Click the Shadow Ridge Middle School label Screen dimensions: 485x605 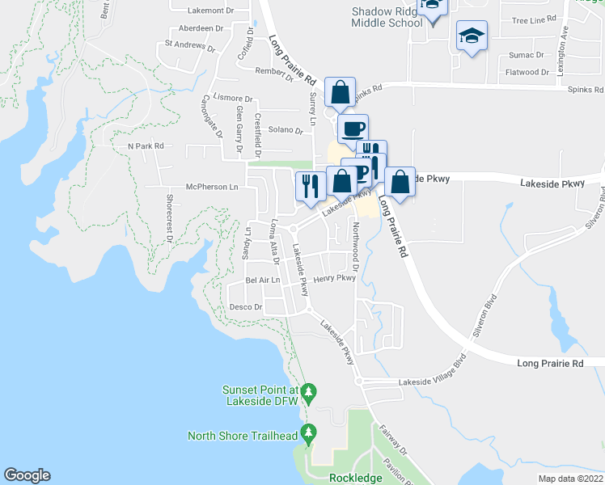click(387, 17)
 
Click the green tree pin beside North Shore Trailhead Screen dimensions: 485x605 click(308, 434)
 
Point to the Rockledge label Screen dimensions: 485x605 click(356, 478)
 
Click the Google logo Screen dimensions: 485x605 click(27, 475)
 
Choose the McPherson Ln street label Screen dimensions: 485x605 click(212, 186)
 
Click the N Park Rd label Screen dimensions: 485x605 click(146, 146)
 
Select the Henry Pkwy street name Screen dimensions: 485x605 click(334, 278)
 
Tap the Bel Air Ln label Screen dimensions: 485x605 click(261, 280)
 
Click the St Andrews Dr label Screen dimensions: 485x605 click(190, 46)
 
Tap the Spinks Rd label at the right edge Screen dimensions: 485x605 click(586, 90)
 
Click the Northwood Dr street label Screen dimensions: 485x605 click(356, 242)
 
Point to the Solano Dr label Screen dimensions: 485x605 click(285, 129)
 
